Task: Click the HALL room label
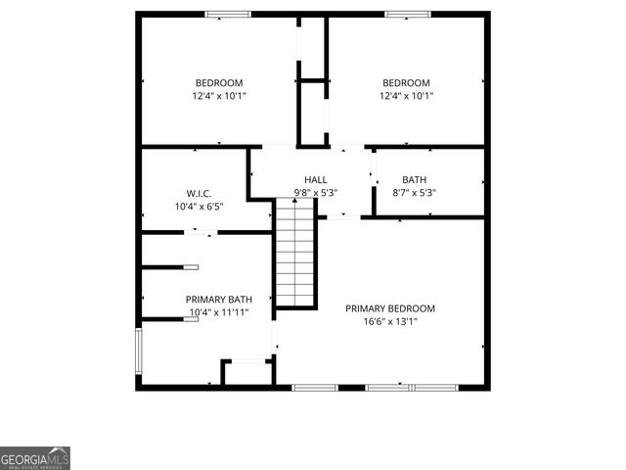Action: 316,180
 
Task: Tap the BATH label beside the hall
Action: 415,180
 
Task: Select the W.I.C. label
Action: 200,194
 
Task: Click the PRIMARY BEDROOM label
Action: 390,308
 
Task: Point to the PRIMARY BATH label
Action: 219,300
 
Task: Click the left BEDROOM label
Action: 219,83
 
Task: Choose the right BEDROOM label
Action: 406,83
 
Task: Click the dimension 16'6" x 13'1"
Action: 390,321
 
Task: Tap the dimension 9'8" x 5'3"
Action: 316,193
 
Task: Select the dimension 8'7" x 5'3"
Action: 415,193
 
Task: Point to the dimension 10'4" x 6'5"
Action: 200,207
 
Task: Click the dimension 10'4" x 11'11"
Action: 219,312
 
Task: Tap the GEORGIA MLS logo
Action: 35,458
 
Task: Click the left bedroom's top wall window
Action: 227,14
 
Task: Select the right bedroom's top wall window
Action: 405,14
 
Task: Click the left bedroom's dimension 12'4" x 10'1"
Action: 219,96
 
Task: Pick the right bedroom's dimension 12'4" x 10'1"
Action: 406,96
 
